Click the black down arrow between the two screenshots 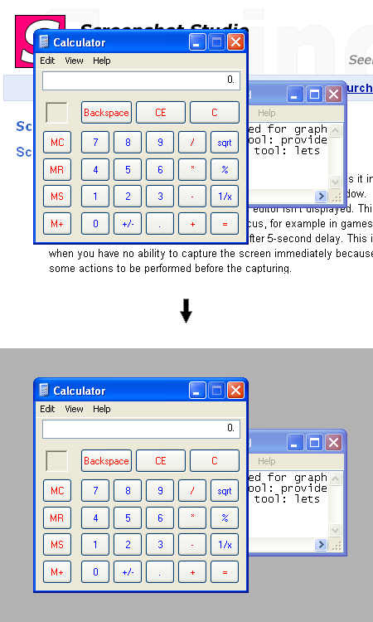[x=186, y=311]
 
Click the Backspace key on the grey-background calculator [x=106, y=460]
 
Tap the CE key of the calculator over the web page [x=160, y=112]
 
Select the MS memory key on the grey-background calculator [x=57, y=545]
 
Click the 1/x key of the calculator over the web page [x=225, y=197]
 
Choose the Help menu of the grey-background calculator [x=101, y=409]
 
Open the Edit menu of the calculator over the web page [x=47, y=61]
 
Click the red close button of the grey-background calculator [x=236, y=390]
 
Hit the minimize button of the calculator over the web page [x=197, y=41]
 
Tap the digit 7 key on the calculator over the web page [x=95, y=142]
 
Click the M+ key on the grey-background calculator [x=57, y=571]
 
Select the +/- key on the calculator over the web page [x=128, y=223]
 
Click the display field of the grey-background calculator [x=141, y=429]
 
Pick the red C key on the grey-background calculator [x=214, y=460]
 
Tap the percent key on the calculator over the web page [x=225, y=169]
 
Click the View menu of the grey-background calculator [x=74, y=409]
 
